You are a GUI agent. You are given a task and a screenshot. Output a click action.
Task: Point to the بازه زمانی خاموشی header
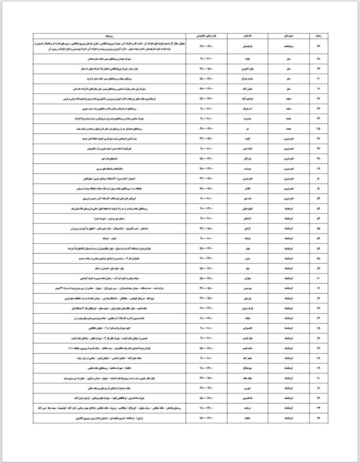point(207,37)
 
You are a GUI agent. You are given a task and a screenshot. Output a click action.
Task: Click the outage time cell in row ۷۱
point(207,388)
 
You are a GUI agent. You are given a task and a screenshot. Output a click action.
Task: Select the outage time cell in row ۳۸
point(207,58)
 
